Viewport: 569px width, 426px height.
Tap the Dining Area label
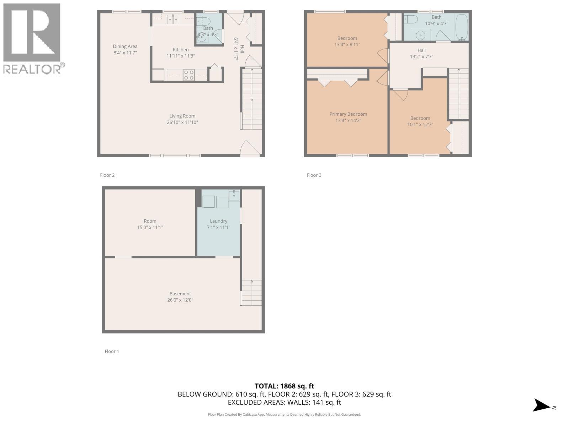coord(125,47)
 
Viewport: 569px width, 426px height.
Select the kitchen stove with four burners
coord(188,75)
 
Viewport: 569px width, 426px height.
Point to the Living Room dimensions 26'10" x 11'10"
coord(182,122)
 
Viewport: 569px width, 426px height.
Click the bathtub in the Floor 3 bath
coord(462,27)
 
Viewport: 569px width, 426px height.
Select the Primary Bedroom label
coord(348,114)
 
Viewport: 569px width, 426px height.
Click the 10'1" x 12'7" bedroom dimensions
coord(420,125)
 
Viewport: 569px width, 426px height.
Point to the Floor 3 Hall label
coord(421,50)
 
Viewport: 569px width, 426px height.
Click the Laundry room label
coord(218,221)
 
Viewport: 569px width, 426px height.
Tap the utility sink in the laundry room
coord(234,195)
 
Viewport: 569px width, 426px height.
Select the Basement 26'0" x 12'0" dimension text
coord(180,300)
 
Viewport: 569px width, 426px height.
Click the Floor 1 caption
coord(112,351)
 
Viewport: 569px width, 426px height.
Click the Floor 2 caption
coord(107,175)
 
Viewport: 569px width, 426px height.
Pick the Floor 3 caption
coord(314,175)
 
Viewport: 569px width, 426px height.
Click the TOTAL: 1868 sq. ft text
coord(284,386)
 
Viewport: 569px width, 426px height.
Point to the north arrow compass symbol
coord(543,405)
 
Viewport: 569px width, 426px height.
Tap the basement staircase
coord(251,293)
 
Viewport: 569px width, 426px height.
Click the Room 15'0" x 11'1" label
coord(150,224)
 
